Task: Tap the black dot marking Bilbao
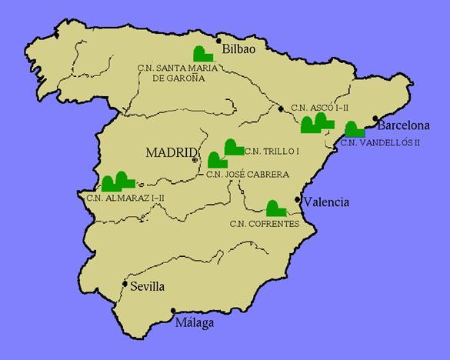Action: (x=219, y=41)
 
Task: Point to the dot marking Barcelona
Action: (x=375, y=118)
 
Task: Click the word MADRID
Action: (x=171, y=152)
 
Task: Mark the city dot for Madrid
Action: (x=195, y=160)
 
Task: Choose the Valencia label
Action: (x=326, y=203)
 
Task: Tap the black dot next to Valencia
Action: (x=298, y=200)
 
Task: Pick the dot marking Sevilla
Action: (x=125, y=282)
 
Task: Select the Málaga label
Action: (x=194, y=323)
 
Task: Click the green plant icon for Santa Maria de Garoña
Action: (x=203, y=54)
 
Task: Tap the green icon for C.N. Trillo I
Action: (x=232, y=146)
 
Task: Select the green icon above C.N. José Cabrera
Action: (x=216, y=160)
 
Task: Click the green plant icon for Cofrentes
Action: (x=275, y=208)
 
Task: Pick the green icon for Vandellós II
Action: (x=355, y=129)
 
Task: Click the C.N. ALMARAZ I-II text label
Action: (x=125, y=198)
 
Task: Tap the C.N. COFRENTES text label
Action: (x=262, y=224)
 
